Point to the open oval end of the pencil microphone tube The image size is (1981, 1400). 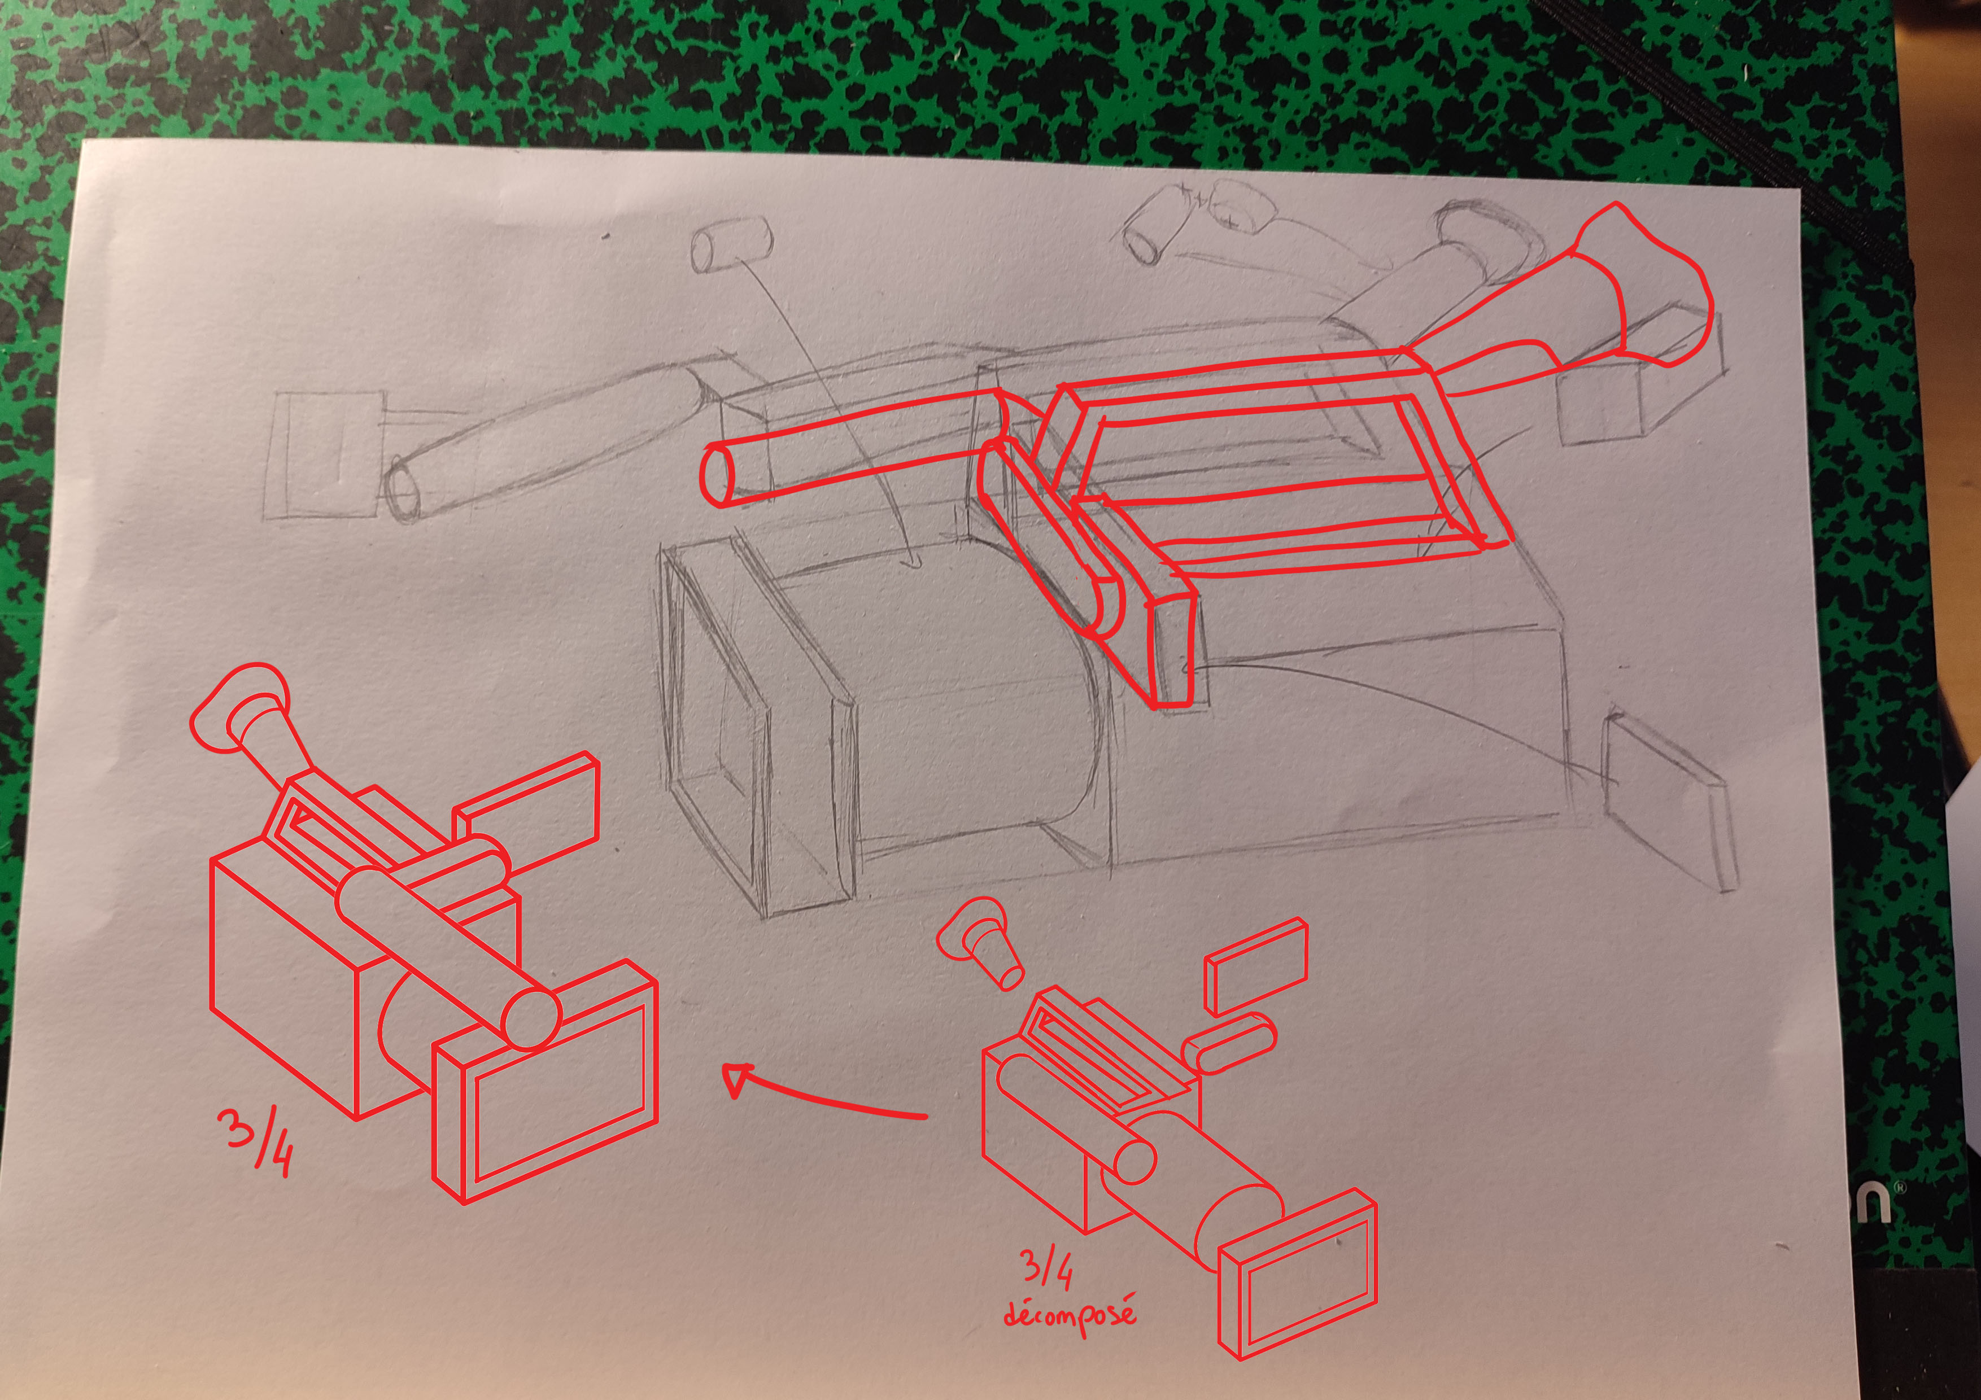pos(403,490)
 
